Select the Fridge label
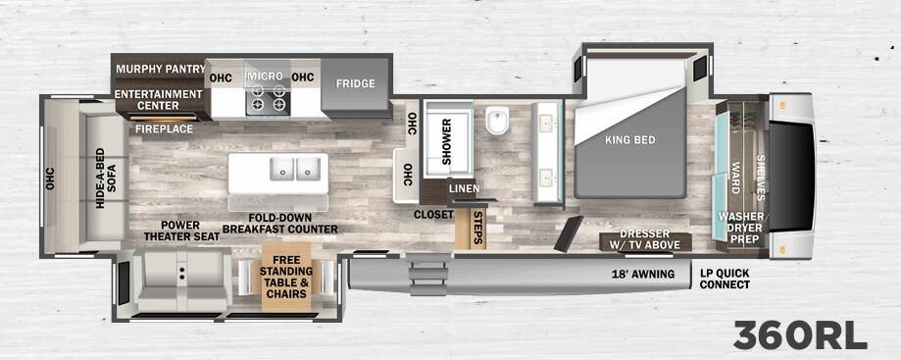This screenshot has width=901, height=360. click(x=356, y=83)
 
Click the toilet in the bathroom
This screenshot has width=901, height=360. click(x=498, y=122)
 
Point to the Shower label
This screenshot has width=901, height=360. click(x=446, y=139)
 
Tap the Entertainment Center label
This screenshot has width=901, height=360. click(x=159, y=99)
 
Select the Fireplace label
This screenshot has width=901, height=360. click(x=164, y=129)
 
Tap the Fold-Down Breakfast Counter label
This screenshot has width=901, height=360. click(x=279, y=223)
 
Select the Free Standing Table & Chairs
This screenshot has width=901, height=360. click(x=285, y=278)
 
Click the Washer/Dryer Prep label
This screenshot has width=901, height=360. click(x=742, y=229)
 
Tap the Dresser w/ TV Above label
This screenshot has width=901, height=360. click(x=645, y=241)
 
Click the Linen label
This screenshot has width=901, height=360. click(x=463, y=188)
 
